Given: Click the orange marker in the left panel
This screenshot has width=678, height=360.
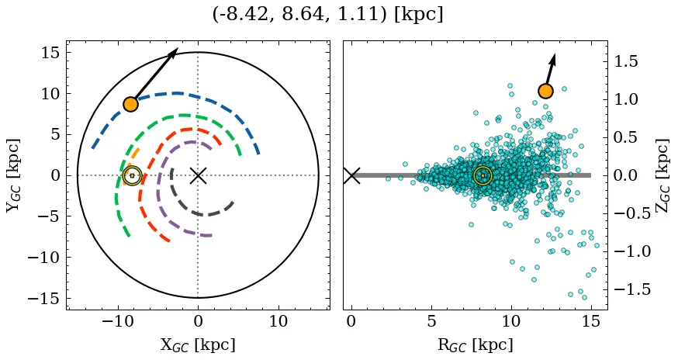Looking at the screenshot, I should [x=130, y=104].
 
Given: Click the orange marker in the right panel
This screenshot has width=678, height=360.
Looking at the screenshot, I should [x=545, y=91].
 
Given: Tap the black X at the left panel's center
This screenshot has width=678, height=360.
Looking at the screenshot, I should [x=198, y=175].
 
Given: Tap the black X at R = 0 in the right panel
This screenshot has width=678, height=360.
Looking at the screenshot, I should [x=351, y=175].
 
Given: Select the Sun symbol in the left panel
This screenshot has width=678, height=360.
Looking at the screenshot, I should [x=132, y=176].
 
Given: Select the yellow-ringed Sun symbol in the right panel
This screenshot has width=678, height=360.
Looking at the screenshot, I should [x=483, y=176].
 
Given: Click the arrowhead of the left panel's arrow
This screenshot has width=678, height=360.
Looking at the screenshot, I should [x=174, y=53].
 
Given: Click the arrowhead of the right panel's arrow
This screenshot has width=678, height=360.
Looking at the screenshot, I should [x=553, y=59].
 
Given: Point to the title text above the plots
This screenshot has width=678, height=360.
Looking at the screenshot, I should [x=327, y=15].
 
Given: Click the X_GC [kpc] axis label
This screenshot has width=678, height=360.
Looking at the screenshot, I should [x=198, y=345].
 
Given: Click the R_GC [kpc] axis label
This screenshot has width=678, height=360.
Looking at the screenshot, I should [x=475, y=345].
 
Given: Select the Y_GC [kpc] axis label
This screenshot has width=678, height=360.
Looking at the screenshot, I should [x=14, y=175].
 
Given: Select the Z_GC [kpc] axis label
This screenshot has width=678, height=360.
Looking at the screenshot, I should [x=663, y=175].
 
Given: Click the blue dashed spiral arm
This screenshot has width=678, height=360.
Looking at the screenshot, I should [x=178, y=94].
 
